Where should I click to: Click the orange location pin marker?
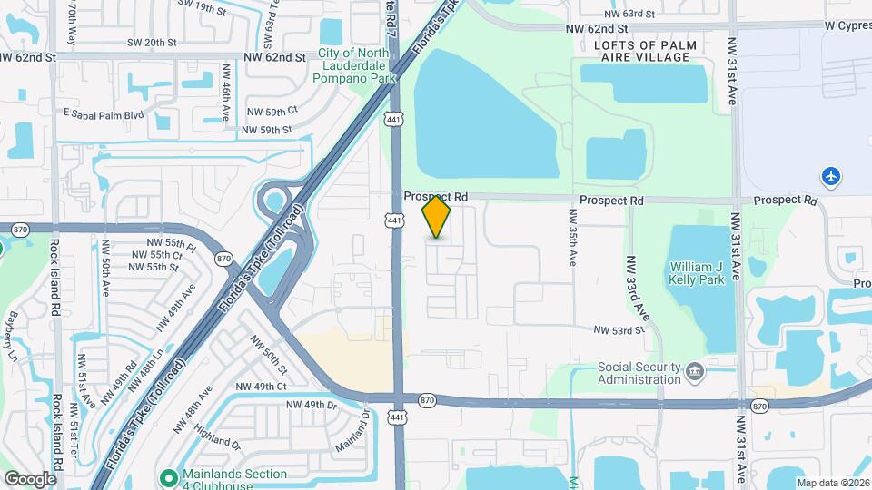click(x=436, y=216)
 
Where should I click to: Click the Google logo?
click(x=30, y=478)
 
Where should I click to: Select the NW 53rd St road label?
click(x=619, y=331)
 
